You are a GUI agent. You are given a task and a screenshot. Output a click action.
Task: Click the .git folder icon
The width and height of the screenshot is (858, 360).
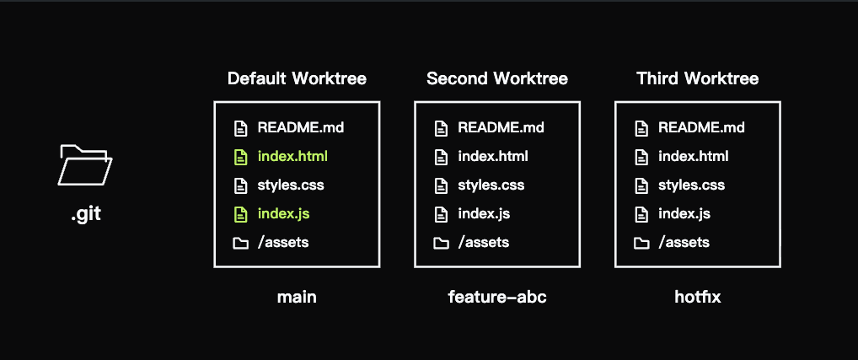[x=85, y=165]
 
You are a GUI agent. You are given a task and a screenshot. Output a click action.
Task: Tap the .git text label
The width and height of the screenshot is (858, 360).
[x=86, y=213]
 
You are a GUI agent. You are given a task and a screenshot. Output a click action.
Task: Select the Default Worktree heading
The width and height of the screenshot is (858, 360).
[x=297, y=78]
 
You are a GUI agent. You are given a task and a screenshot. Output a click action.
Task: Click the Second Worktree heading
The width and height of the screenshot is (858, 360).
[x=497, y=78]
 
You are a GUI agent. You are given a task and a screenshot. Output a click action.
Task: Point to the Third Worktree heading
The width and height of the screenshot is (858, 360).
[x=698, y=78]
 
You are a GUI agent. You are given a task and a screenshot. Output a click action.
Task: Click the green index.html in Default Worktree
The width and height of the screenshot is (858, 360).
[x=292, y=157]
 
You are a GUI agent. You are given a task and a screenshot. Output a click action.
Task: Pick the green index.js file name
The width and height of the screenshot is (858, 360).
[x=283, y=213]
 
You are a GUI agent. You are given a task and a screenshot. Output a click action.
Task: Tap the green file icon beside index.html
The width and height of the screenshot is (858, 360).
[x=240, y=157]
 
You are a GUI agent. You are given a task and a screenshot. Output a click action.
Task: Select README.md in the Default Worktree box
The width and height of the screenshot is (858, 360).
[x=301, y=128]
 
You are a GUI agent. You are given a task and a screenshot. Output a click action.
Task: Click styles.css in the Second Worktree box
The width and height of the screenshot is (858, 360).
[x=491, y=185]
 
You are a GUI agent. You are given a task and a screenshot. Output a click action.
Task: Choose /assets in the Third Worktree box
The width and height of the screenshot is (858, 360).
[x=684, y=242]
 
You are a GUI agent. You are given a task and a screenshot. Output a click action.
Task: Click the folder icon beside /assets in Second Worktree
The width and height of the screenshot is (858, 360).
[x=441, y=243]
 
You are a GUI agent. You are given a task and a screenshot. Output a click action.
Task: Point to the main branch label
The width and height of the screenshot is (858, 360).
[x=297, y=297]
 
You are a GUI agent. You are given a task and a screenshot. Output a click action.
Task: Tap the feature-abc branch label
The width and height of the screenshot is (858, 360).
[x=497, y=297]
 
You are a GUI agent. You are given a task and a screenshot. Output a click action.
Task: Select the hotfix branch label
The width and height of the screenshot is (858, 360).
[x=698, y=297]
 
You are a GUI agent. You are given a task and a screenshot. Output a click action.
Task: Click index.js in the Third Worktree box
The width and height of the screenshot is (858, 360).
[x=684, y=213]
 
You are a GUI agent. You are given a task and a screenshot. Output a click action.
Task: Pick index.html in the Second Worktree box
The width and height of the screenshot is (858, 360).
[x=493, y=157]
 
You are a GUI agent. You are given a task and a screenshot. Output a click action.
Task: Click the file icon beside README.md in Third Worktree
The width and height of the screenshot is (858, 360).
[x=641, y=128]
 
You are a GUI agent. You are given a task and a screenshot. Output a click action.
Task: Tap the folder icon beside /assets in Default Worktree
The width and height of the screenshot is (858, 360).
[x=241, y=243]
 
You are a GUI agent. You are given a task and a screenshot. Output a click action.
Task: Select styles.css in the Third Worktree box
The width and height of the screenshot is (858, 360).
[x=691, y=185]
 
